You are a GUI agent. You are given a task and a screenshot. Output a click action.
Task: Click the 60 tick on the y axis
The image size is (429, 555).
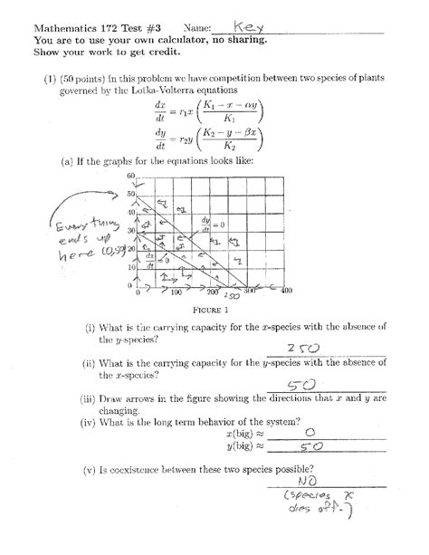[130, 176]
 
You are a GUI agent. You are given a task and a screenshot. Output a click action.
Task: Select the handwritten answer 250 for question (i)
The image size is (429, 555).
[302, 349]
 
